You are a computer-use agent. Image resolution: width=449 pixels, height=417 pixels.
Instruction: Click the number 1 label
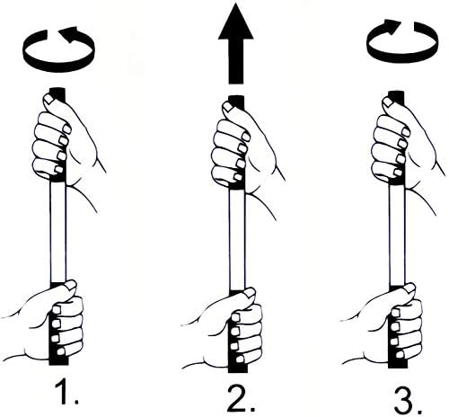[x=66, y=391]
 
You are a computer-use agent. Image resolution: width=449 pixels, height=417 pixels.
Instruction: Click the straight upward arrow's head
[x=236, y=22]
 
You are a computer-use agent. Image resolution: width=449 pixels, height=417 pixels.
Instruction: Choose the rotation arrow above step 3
[x=401, y=60]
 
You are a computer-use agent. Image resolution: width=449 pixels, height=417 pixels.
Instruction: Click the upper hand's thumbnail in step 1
[x=49, y=99]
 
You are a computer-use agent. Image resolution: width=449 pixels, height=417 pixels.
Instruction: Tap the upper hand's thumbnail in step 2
[x=229, y=107]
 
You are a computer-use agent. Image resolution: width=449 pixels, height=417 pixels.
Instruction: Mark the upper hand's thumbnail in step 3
[x=389, y=102]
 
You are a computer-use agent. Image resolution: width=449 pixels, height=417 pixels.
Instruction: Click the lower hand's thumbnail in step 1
[x=71, y=285]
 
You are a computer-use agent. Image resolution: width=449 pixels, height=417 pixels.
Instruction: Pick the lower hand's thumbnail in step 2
[x=250, y=293]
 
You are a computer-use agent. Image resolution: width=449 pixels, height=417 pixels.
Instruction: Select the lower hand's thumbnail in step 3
[x=409, y=288]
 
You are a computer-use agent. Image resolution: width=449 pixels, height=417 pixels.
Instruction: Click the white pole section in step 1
[x=57, y=232]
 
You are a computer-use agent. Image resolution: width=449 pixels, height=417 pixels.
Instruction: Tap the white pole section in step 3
[x=397, y=235]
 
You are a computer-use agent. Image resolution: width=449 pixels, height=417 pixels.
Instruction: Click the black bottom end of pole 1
[x=58, y=359]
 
